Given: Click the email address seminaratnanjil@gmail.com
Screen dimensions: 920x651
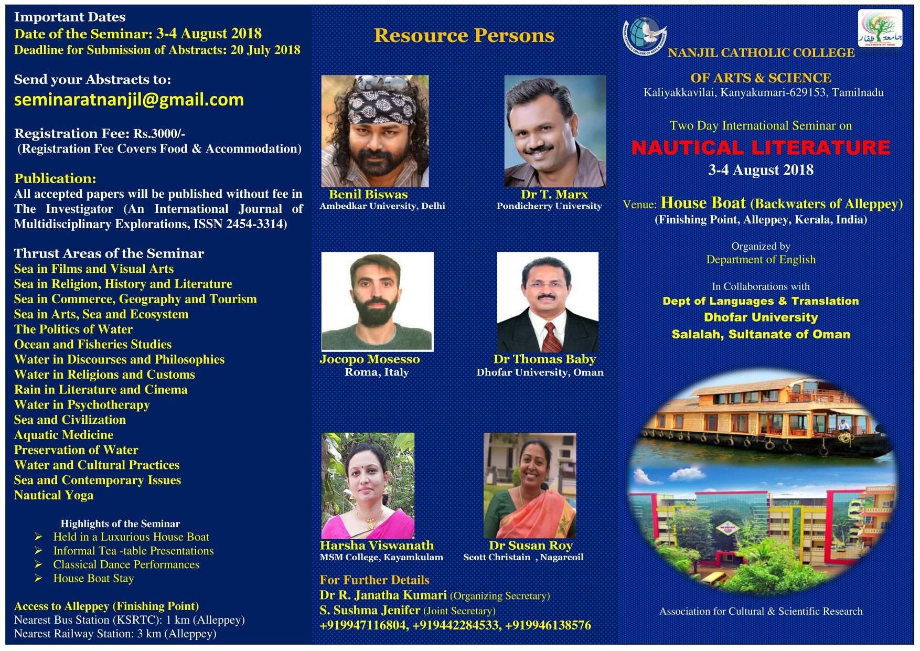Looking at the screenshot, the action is [x=129, y=100].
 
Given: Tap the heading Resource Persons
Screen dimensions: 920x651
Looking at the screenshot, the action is [x=464, y=35].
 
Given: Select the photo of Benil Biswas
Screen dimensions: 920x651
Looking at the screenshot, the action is [x=375, y=131].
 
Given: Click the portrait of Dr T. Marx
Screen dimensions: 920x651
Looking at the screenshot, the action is [x=555, y=131].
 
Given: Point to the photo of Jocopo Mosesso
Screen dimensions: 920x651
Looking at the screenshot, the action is [x=378, y=302].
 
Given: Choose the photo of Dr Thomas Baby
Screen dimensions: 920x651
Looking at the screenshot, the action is [x=548, y=302].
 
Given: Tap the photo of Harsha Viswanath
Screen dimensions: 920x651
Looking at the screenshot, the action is [x=368, y=486].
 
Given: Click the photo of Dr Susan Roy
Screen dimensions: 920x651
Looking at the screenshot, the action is [x=530, y=486].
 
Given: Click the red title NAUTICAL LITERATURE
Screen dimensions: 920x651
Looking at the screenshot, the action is [x=761, y=147].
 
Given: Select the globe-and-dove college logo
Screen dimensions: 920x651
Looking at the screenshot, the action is [x=645, y=36].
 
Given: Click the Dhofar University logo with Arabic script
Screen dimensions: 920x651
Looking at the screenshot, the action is [x=880, y=28].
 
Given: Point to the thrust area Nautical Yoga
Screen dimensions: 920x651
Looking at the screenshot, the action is [x=54, y=495].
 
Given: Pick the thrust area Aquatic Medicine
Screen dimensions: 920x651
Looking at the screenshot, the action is [x=63, y=435].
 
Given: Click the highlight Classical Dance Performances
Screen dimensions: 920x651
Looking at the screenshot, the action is [x=126, y=564].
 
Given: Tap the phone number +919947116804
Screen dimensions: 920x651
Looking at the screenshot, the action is [x=364, y=625].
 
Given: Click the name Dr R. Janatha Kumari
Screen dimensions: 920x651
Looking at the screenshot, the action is [x=383, y=595].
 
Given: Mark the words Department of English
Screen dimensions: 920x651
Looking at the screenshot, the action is [x=761, y=260].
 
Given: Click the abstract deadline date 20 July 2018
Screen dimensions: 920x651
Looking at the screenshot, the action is [x=265, y=50].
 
